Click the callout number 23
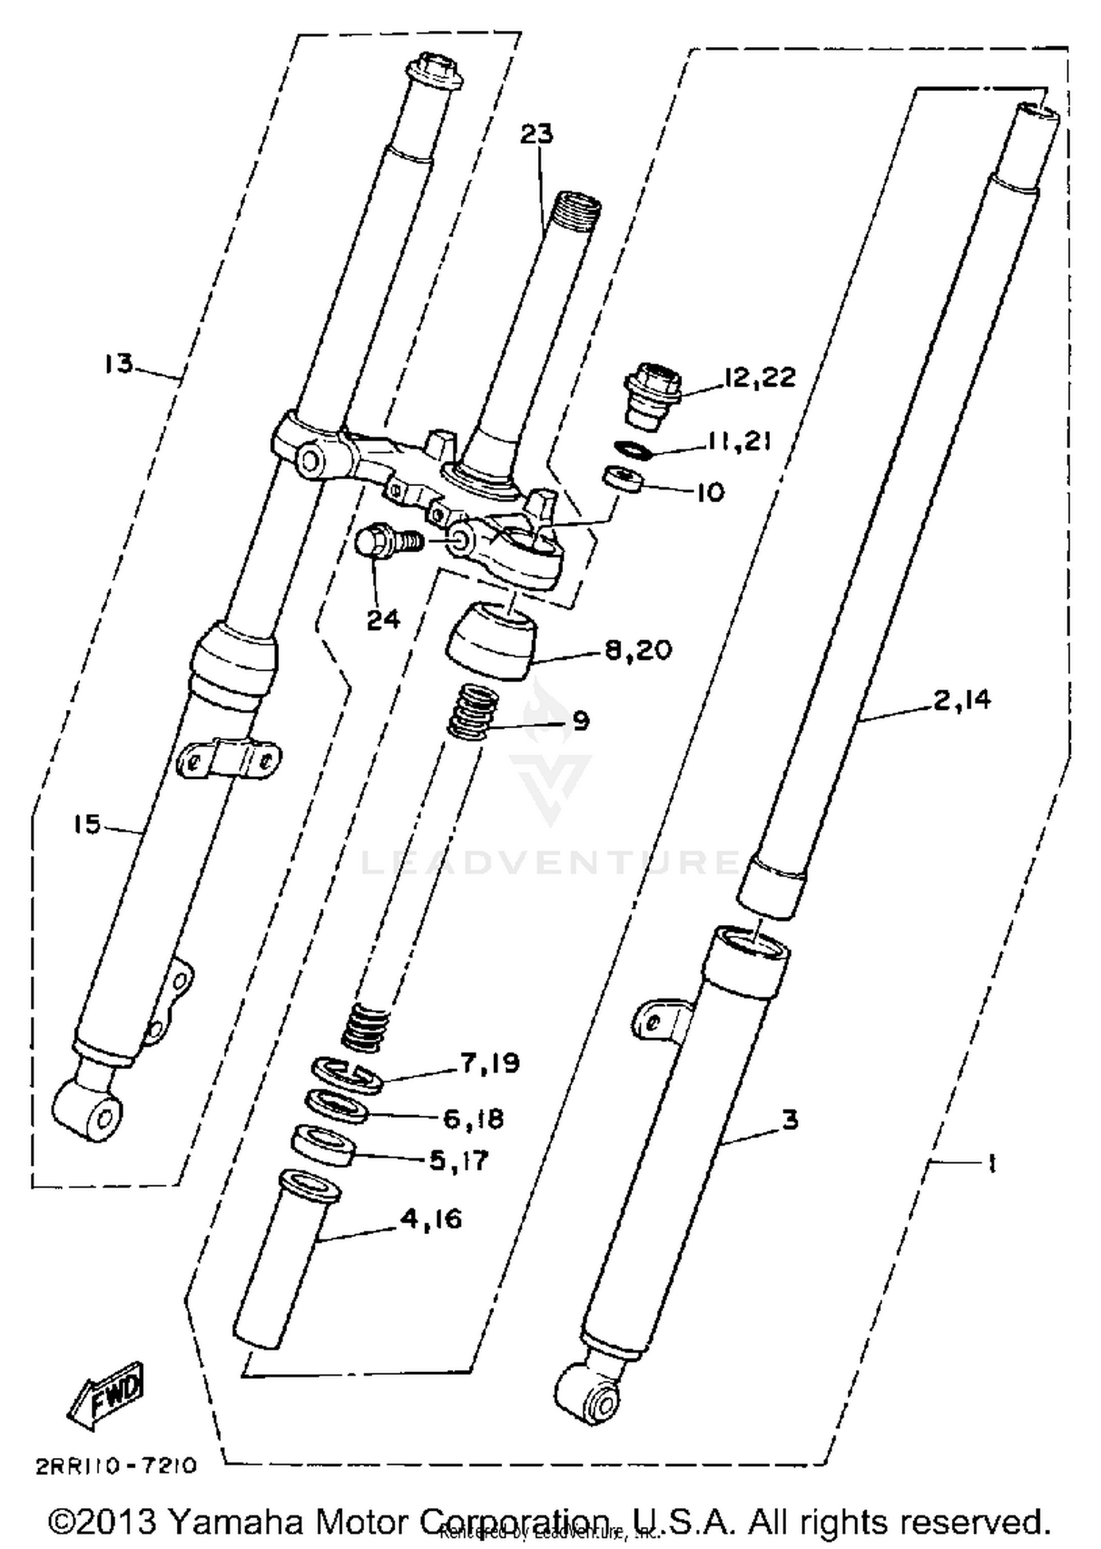coord(537,134)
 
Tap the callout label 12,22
coord(759,377)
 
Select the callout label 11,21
coord(738,441)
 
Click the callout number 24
coord(383,620)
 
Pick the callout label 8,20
coord(638,650)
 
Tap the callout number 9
coord(581,721)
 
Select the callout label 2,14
coord(962,700)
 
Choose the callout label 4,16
coord(431,1219)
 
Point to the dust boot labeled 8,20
coord(490,640)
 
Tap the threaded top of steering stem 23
coord(578,205)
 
